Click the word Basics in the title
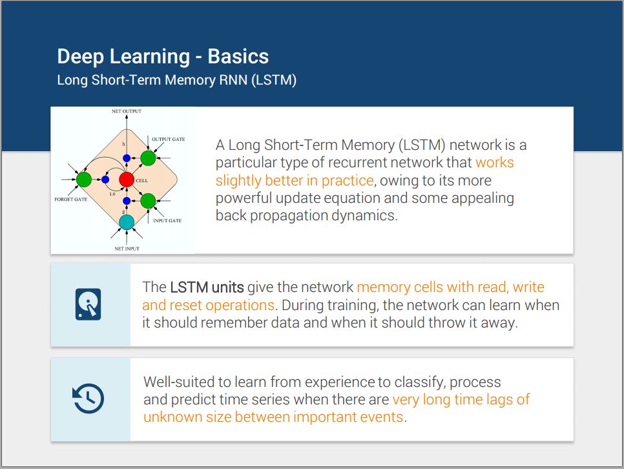click(x=238, y=56)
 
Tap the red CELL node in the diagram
click(x=127, y=179)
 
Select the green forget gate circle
click(x=83, y=179)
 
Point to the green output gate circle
click(x=148, y=158)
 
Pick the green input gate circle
click(x=148, y=201)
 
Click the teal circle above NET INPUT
click(x=127, y=222)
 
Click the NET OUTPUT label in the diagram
click(x=127, y=112)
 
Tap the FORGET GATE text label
click(x=71, y=200)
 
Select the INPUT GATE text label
click(x=167, y=221)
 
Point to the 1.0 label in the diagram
click(x=112, y=194)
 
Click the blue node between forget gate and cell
click(x=105, y=179)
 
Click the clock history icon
click(x=88, y=399)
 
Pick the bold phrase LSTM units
click(x=207, y=287)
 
